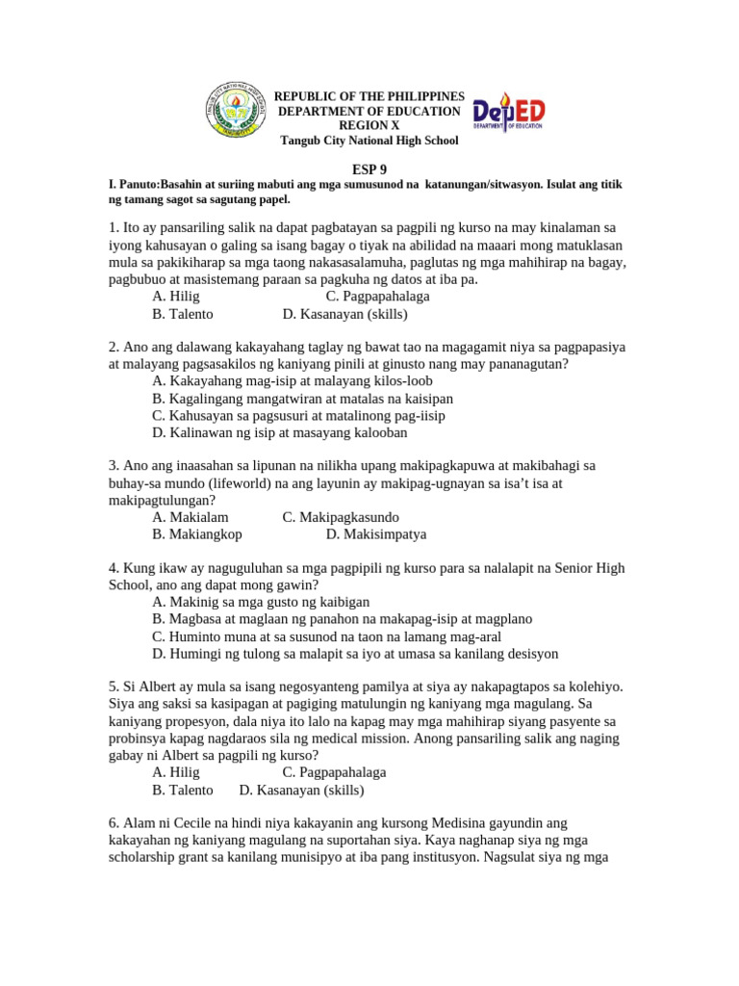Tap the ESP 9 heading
[369, 168]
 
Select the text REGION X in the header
[369, 126]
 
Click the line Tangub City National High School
[369, 141]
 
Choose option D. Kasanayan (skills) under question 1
[344, 314]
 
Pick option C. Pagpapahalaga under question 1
[377, 297]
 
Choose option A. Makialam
[190, 517]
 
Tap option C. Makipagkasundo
[341, 517]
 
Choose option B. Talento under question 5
[182, 791]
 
